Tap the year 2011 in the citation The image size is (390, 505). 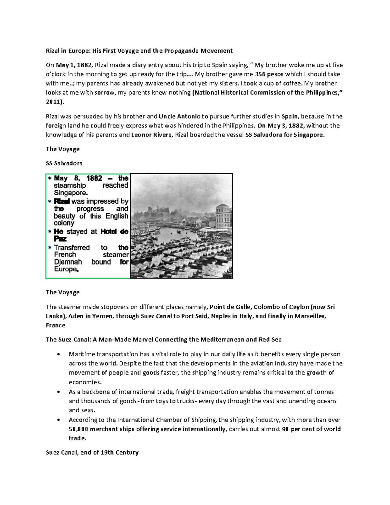click(x=53, y=102)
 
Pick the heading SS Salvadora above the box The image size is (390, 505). click(x=64, y=163)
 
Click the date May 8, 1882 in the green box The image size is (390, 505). click(x=78, y=178)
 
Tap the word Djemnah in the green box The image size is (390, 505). click(x=68, y=262)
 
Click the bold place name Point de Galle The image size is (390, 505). click(x=230, y=307)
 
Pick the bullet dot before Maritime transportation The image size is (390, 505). click(x=58, y=354)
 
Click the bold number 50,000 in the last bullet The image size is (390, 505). click(x=78, y=429)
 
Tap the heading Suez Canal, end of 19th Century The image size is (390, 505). click(x=92, y=453)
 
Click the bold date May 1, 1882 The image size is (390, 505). click(x=74, y=65)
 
